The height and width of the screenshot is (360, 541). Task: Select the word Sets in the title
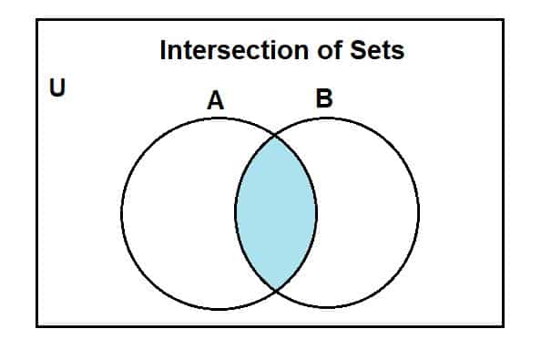pyautogui.click(x=378, y=50)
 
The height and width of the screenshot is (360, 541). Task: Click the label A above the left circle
pyautogui.click(x=216, y=101)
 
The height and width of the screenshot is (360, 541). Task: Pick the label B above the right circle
pyautogui.click(x=323, y=99)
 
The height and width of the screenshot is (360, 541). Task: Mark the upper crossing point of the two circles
pyautogui.click(x=276, y=136)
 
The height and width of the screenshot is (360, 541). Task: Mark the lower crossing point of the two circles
pyautogui.click(x=276, y=291)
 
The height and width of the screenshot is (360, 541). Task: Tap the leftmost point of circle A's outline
pyautogui.click(x=122, y=213)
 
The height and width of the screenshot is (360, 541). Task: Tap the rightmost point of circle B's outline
pyautogui.click(x=419, y=213)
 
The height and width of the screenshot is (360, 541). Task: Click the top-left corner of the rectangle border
pyautogui.click(x=37, y=20)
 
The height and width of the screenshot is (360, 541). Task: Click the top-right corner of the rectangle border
pyautogui.click(x=503, y=20)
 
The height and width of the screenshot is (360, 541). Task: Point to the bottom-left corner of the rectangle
pyautogui.click(x=37, y=325)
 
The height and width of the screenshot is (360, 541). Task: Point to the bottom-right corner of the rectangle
pyautogui.click(x=503, y=325)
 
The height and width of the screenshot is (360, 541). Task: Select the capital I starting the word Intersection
pyautogui.click(x=163, y=50)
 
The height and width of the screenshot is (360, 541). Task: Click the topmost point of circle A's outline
pyautogui.click(x=219, y=118)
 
